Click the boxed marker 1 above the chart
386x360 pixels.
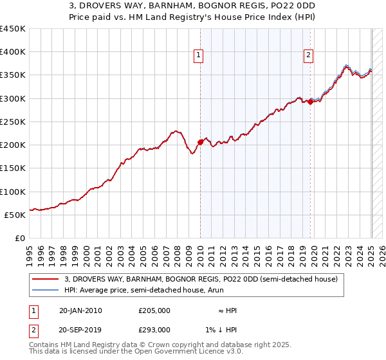pos(199,56)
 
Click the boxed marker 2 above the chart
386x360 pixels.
pos(309,56)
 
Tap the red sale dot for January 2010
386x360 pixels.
pos(200,142)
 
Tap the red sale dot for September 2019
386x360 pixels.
pos(310,102)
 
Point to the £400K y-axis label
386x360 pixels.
pos(13,52)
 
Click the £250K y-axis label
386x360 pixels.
pos(13,122)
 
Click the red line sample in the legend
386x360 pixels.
pos(46,279)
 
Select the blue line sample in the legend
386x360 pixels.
pos(46,290)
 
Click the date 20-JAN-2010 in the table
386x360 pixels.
pos(80,310)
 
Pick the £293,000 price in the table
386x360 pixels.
pos(154,329)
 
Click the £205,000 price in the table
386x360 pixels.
pos(154,310)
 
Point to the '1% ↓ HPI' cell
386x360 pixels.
pos(222,329)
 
